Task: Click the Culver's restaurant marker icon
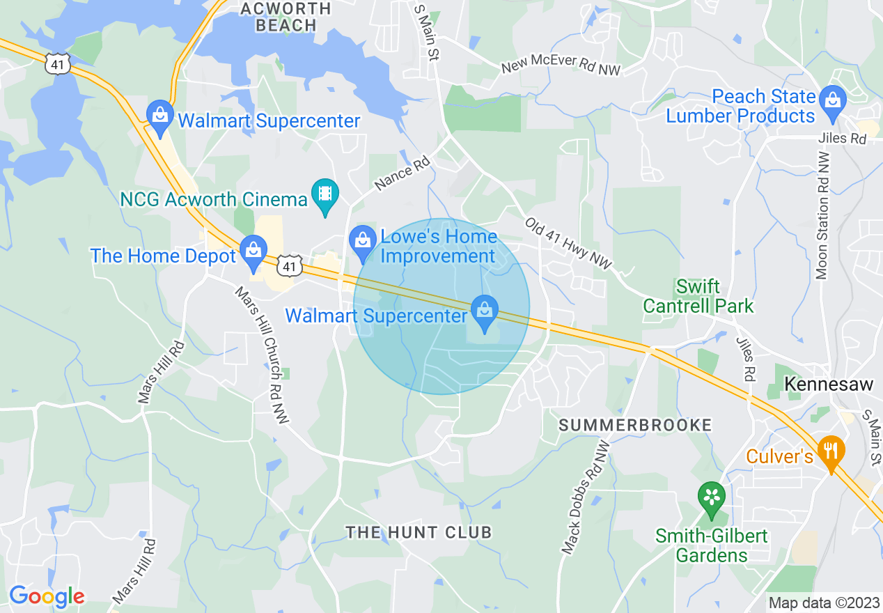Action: point(830,449)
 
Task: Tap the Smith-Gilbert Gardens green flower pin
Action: point(712,499)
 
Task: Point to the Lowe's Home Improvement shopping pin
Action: point(362,240)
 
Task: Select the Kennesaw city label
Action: point(828,384)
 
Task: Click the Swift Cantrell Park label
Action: point(698,296)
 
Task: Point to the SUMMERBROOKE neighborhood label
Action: point(635,425)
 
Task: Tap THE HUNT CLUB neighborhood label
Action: point(419,533)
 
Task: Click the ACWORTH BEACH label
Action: point(286,17)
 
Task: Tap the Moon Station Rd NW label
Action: point(823,219)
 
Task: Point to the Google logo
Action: point(47,596)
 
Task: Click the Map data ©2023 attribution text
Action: point(824,603)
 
